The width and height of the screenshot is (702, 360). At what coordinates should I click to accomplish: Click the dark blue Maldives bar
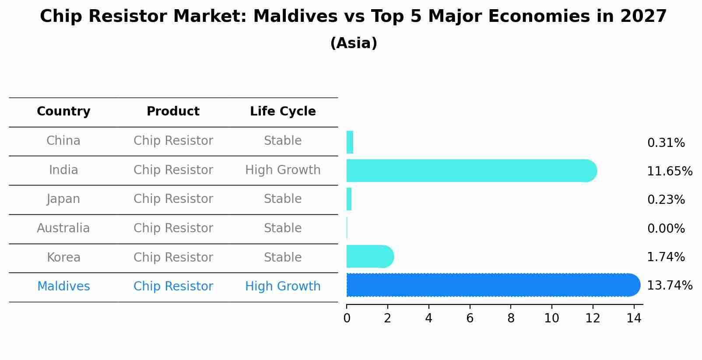coord(492,285)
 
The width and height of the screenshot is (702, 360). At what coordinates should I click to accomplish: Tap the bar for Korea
coord(369,256)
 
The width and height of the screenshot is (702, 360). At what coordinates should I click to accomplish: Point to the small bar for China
coord(350,142)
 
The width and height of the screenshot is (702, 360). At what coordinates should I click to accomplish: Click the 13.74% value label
coord(669,286)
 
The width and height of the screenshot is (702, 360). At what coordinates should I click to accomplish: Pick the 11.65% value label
coord(669,171)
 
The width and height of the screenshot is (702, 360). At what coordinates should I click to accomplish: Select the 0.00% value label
coord(666,228)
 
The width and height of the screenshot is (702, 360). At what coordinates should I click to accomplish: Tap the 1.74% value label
coord(666,257)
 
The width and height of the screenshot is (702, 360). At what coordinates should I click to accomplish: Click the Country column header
coord(63,112)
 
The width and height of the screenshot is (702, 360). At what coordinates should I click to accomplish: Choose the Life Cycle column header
coord(283,112)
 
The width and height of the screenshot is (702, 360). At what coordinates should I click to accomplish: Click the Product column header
coord(173,112)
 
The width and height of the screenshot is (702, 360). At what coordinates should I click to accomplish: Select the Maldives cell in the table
coord(63,287)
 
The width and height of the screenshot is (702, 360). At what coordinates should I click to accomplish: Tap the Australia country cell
coord(63,228)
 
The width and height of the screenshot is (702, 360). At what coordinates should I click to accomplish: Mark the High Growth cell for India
coord(283,170)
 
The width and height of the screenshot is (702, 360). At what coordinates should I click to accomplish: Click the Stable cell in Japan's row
coord(283,199)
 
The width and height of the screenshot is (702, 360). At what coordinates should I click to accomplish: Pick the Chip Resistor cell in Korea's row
coord(173,257)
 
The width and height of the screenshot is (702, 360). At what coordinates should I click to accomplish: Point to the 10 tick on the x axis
coord(551,318)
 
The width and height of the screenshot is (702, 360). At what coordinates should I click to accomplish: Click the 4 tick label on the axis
coord(428,318)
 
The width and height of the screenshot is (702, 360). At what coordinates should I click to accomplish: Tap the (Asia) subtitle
coord(354,43)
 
